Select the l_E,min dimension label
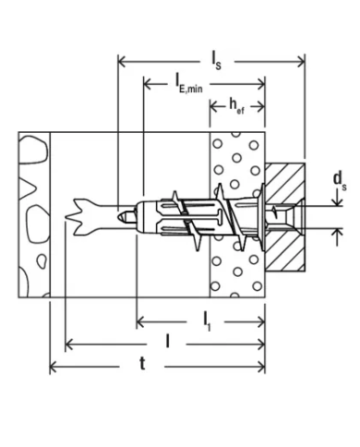190,85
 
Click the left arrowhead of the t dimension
53,369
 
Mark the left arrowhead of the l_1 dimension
141,322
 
